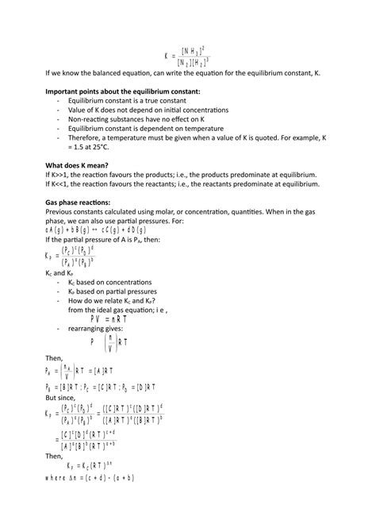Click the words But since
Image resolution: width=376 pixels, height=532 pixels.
point(63,400)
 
